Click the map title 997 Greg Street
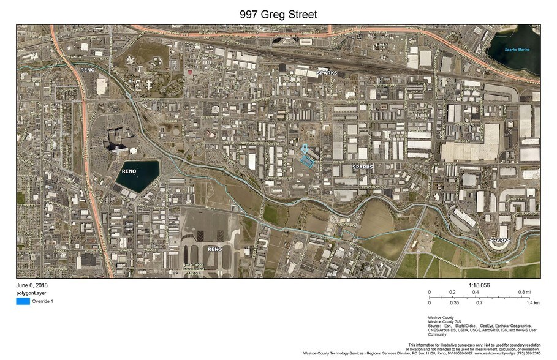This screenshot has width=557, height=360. pyautogui.click(x=278, y=13)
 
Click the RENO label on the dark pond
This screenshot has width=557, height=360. pyautogui.click(x=129, y=171)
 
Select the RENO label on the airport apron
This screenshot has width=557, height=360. pyautogui.click(x=214, y=249)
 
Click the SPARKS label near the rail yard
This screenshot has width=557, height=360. pyautogui.click(x=327, y=73)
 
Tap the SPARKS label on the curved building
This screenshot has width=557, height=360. pyautogui.click(x=499, y=241)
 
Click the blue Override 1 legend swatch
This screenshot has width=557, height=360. pyautogui.click(x=23, y=301)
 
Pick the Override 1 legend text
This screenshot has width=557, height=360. pyautogui.click(x=43, y=301)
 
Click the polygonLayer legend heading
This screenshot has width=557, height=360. pyautogui.click(x=31, y=293)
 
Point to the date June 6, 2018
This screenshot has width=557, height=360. pyautogui.click(x=32, y=285)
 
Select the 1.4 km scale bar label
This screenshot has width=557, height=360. pyautogui.click(x=532, y=302)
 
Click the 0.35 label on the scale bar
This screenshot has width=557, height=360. pyautogui.click(x=454, y=302)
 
